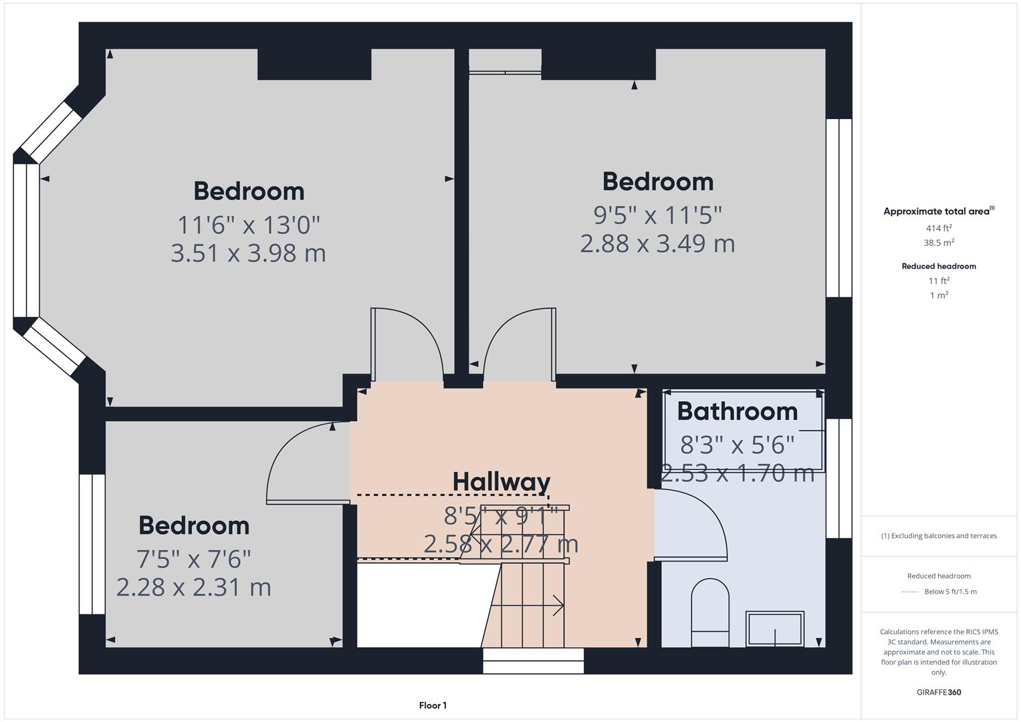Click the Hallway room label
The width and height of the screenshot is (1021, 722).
[x=501, y=481]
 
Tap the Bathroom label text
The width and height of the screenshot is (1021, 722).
[x=737, y=411]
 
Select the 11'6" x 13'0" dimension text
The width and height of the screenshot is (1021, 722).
[x=249, y=225]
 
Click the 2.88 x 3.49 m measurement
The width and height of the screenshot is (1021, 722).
[x=657, y=243]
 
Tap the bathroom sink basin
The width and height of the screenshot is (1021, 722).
[x=775, y=628]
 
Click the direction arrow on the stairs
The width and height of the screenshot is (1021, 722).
[x=555, y=606]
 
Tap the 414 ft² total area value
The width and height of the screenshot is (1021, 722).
[x=939, y=229]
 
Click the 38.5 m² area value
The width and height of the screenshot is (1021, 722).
[x=939, y=243]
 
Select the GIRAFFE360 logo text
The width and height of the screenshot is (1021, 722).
[x=939, y=693]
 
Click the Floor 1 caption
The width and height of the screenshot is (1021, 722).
[x=433, y=705]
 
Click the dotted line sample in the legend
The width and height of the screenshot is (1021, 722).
[x=910, y=592]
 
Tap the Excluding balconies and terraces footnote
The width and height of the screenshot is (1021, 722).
[x=939, y=535]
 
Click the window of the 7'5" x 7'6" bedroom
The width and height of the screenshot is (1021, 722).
[x=92, y=544]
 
